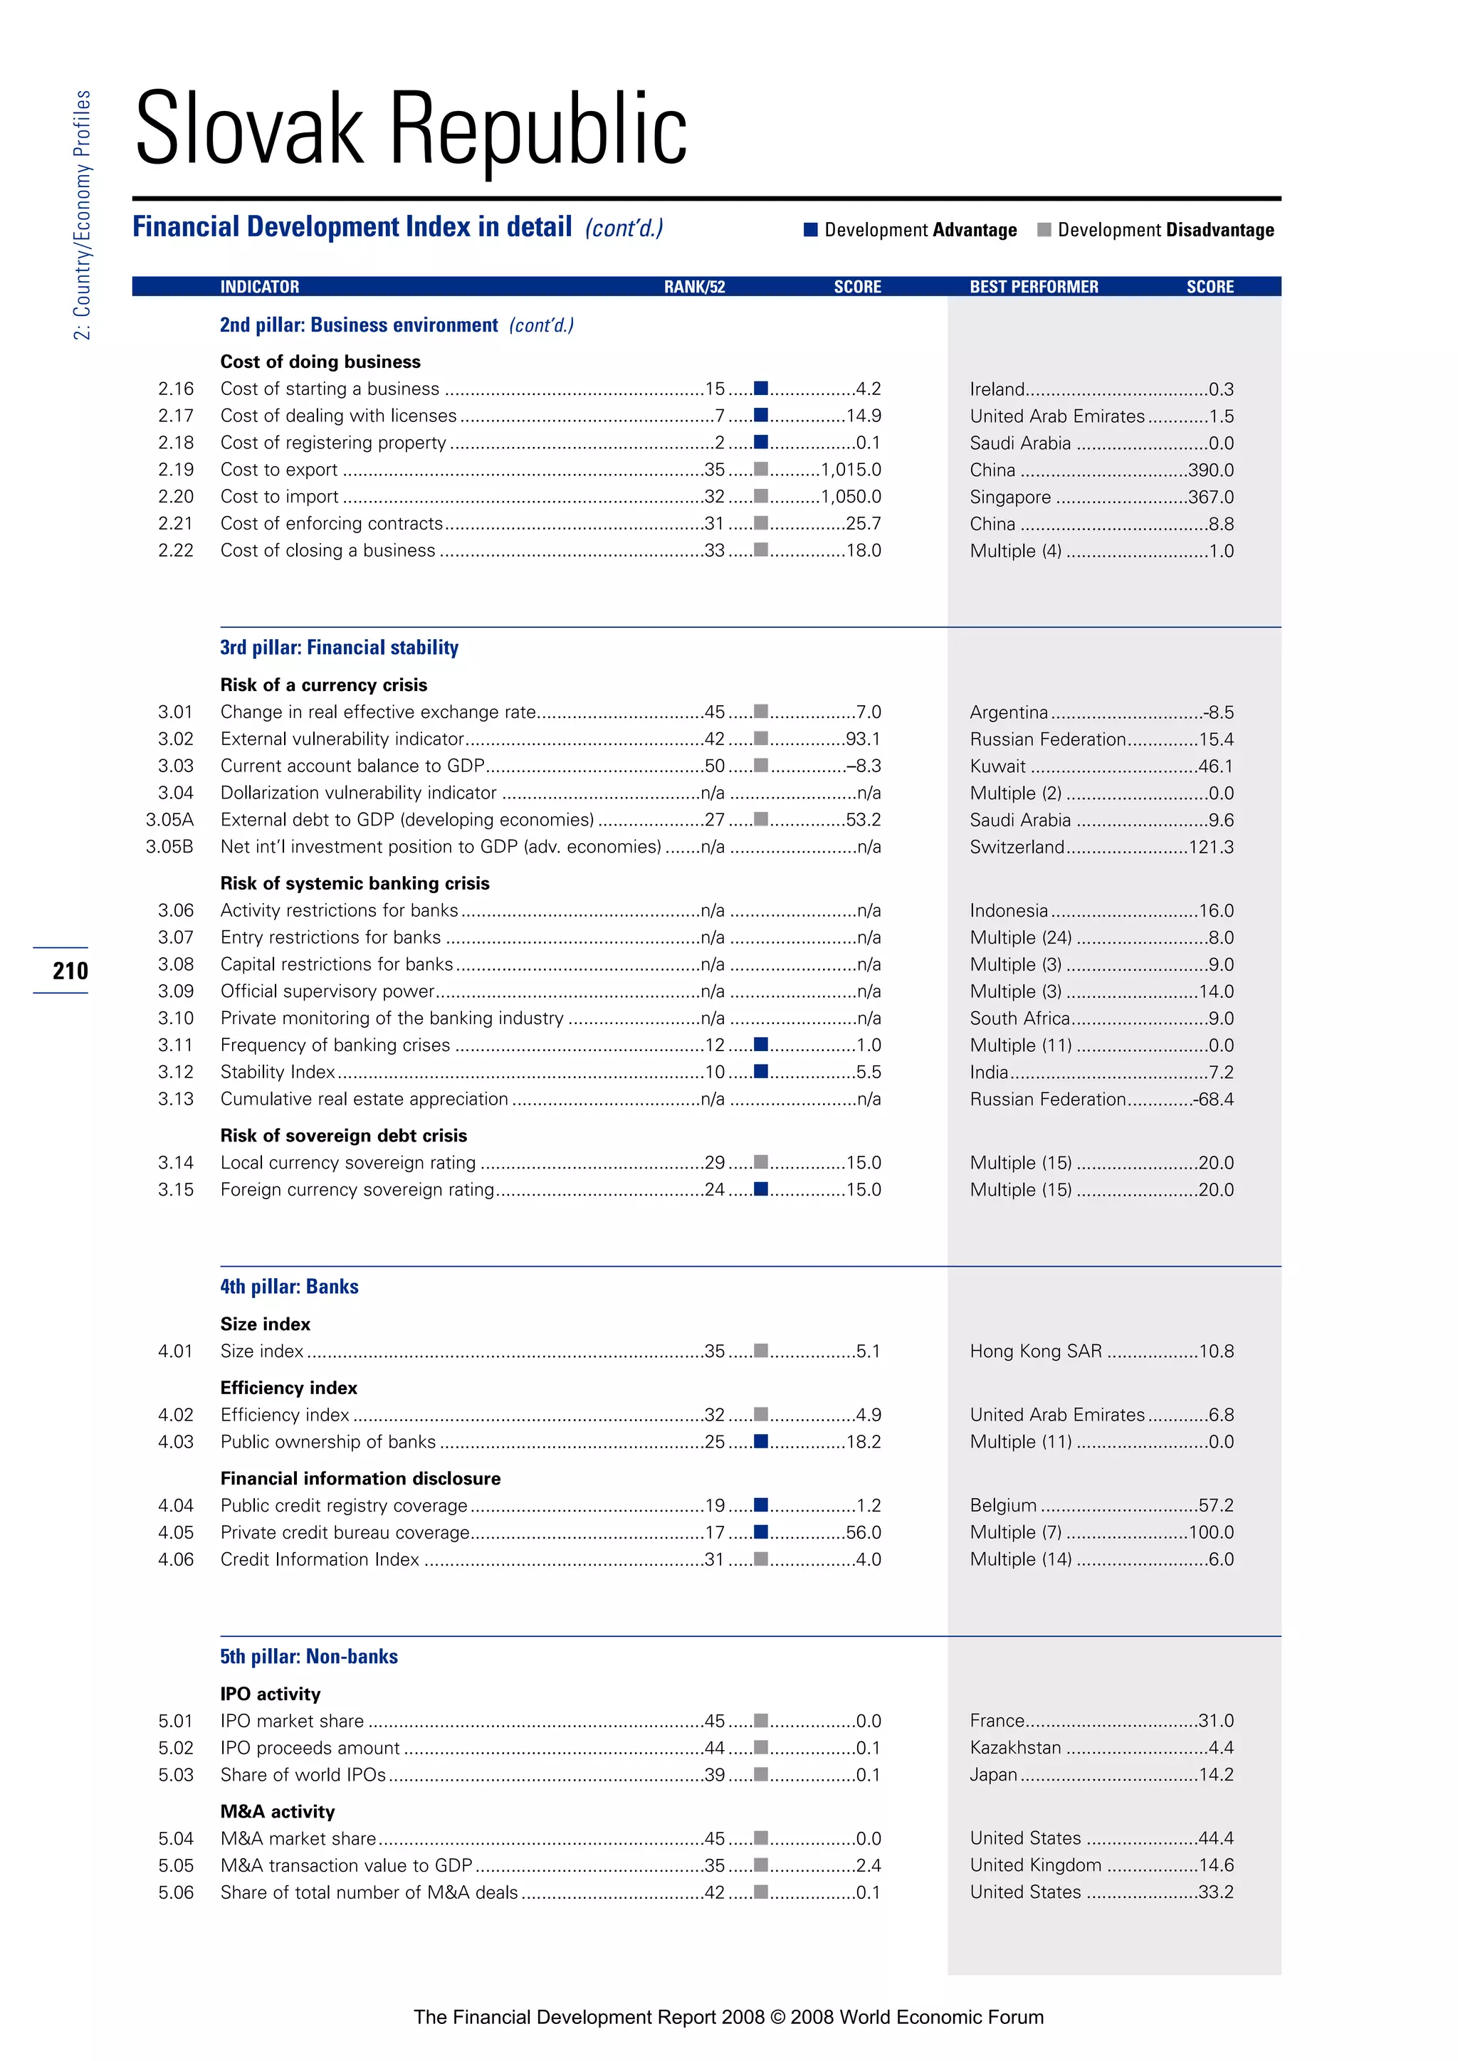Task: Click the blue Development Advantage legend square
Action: (811, 230)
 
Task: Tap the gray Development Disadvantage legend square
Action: (1043, 230)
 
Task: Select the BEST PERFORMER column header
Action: (1034, 286)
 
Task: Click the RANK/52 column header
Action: (694, 286)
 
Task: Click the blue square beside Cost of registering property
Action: (760, 442)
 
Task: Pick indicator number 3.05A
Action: (169, 820)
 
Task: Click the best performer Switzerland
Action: (1017, 846)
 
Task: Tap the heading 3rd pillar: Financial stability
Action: (340, 647)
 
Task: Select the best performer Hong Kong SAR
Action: (1035, 1351)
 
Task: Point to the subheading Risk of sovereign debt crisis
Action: (344, 1136)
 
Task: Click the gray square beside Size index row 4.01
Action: (760, 1350)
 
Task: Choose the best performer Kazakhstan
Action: (1015, 1748)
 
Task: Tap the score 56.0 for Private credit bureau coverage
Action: (863, 1532)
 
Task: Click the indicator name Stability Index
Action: (278, 1072)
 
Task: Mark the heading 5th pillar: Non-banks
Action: (309, 1656)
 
